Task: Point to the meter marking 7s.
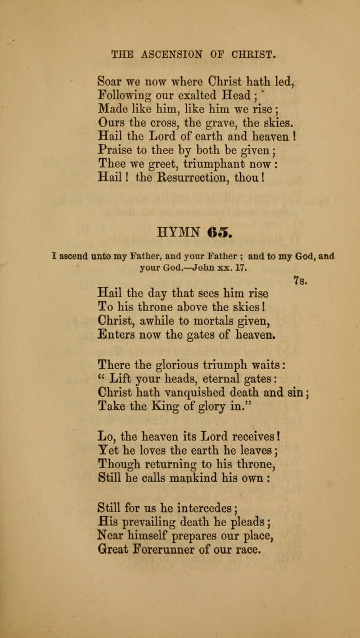(x=300, y=280)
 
